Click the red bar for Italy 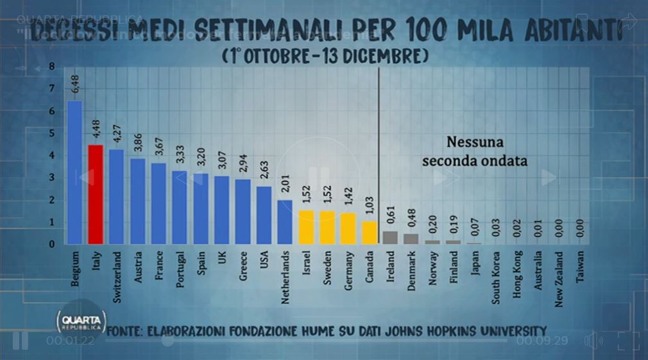click(96, 194)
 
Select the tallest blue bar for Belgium click(74, 172)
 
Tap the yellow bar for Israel click(306, 227)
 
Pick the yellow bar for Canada click(369, 233)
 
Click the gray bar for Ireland click(390, 237)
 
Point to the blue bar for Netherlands click(285, 222)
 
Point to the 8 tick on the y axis click(51, 67)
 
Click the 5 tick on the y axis click(51, 133)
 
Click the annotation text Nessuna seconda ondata click(474, 151)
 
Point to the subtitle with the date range click(326, 56)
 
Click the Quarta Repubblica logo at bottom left click(77, 320)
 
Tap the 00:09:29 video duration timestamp click(542, 341)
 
